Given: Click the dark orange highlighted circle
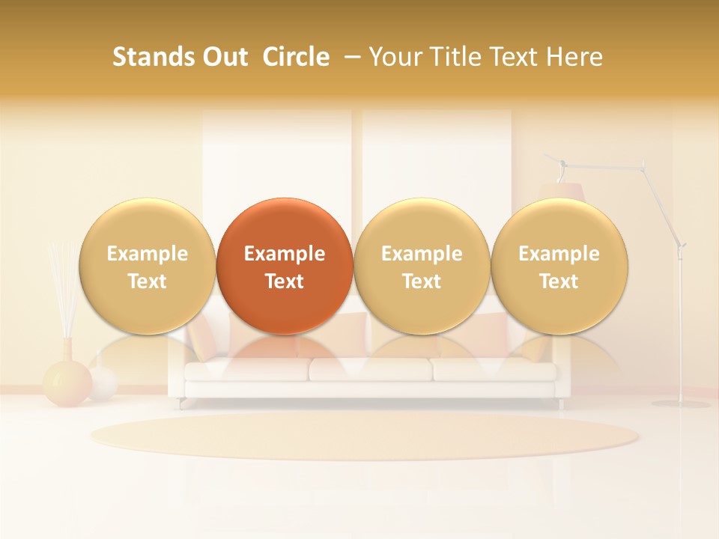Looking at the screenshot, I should [285, 266].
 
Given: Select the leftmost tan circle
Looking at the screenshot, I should [148, 266].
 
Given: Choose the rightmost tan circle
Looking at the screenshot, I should [559, 266].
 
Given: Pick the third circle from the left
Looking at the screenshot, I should [422, 266].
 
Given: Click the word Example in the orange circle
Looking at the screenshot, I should [285, 254].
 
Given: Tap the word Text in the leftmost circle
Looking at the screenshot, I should [148, 281].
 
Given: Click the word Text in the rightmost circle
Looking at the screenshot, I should [559, 281].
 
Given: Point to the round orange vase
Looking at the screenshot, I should [67, 383].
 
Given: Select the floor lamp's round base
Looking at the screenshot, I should [680, 404].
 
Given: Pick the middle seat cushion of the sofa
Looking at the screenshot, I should [370, 369].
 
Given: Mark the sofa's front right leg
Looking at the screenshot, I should [559, 404].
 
